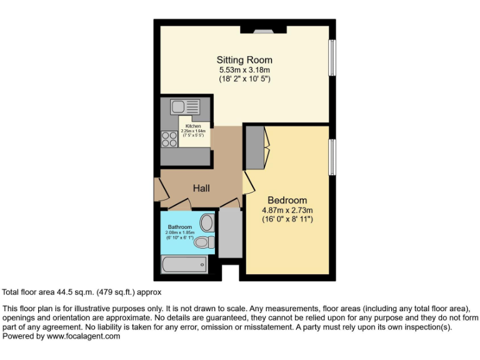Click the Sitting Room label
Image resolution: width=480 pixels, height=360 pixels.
[244, 60]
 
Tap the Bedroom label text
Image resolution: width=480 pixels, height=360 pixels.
[287, 200]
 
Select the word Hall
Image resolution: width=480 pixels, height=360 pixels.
[201, 188]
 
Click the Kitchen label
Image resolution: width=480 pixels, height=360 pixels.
[193, 126]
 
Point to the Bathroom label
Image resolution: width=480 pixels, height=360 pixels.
[180, 227]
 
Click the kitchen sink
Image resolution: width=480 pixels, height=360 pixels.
[185, 106]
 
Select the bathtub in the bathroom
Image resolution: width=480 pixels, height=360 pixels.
[184, 266]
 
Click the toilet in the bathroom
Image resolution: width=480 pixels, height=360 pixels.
[204, 242]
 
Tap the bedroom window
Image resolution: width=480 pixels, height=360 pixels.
[333, 157]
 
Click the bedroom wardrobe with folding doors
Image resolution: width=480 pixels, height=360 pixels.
[255, 147]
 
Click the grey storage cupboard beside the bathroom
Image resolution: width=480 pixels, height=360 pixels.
[230, 233]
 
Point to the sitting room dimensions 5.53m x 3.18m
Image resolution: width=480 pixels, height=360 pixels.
[244, 70]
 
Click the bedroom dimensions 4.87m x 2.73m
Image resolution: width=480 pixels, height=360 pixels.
[287, 210]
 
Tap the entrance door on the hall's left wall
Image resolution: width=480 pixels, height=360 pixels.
[158, 190]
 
